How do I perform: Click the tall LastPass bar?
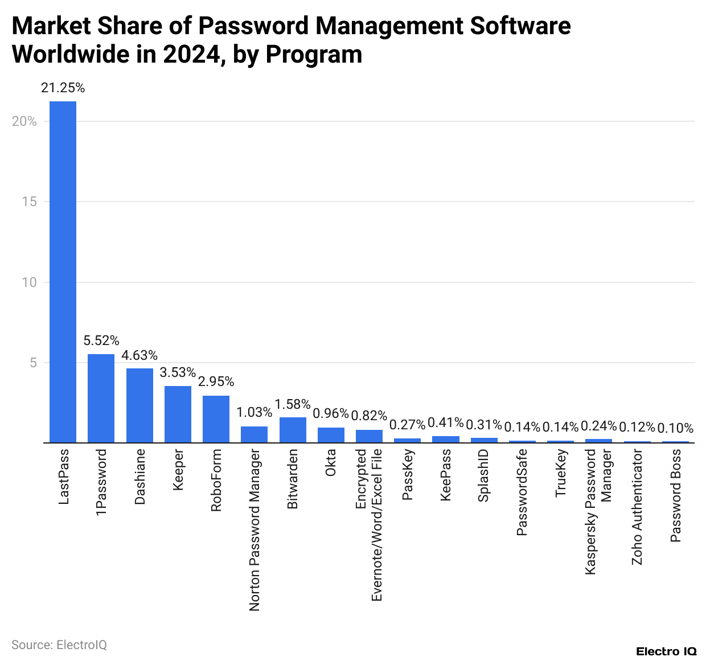point(63,272)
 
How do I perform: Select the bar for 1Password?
point(101,398)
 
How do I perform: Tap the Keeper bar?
point(178,414)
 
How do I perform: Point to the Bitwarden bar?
point(293,430)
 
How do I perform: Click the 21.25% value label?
point(63,88)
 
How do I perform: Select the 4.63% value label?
point(139,355)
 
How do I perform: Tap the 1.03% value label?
point(254,412)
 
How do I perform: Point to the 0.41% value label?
point(445,422)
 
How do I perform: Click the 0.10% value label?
point(675,428)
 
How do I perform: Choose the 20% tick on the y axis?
point(24,121)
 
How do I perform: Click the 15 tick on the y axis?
point(29,202)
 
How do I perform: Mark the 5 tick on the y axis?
point(32,363)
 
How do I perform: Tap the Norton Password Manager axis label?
point(255,530)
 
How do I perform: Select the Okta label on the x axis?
point(331,462)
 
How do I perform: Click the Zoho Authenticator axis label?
point(637,507)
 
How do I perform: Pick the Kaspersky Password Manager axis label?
point(598,511)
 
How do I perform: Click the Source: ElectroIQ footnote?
point(59,645)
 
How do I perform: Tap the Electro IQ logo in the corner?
point(666,651)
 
